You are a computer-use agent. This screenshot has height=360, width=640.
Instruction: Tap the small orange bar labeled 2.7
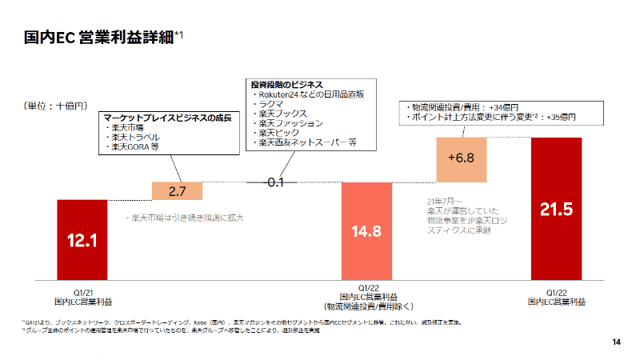point(178,191)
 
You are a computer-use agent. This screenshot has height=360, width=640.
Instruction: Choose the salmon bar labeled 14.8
point(366,231)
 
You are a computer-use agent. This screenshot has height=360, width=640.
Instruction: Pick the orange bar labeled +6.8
point(462,158)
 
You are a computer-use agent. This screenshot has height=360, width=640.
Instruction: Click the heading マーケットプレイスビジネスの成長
point(167,118)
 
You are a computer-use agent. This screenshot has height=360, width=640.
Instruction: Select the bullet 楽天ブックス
point(275,114)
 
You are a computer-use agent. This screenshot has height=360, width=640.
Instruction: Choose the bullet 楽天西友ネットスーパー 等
point(307,142)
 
